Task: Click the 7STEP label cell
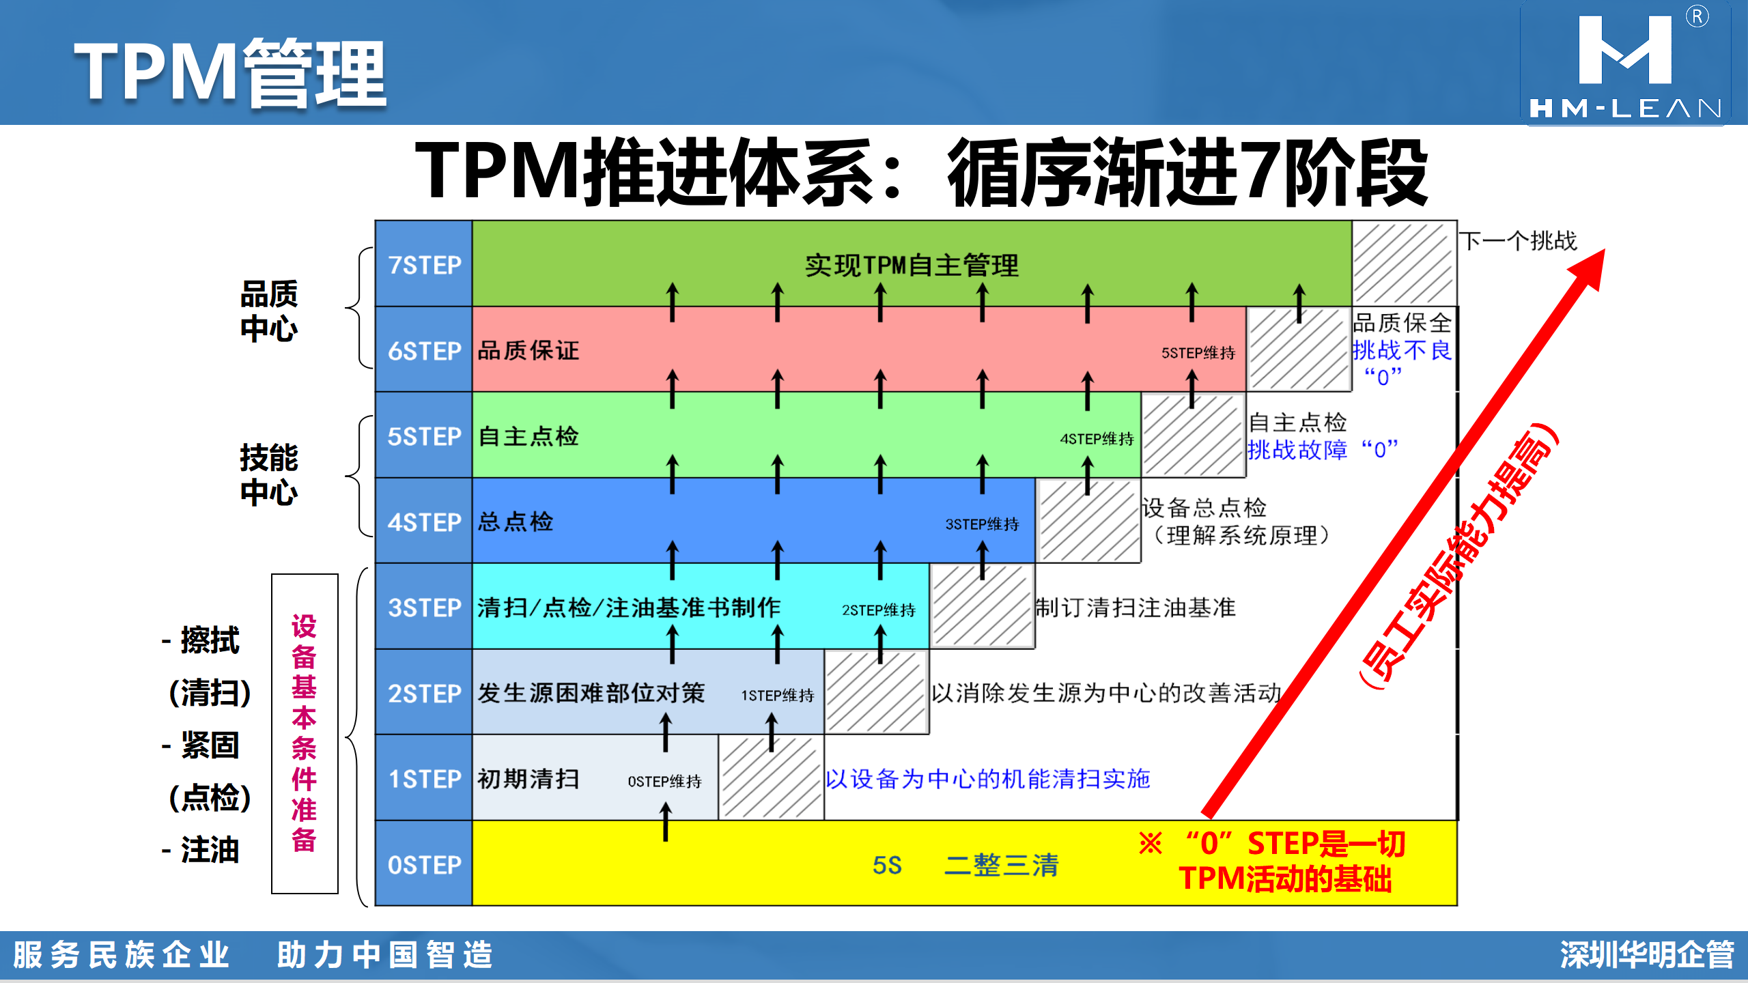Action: [424, 263]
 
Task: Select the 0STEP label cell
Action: [424, 864]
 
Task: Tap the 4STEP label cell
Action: [424, 521]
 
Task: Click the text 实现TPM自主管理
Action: [912, 265]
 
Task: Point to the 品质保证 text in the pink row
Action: [528, 350]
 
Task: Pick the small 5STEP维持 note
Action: [1198, 353]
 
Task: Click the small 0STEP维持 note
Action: [664, 781]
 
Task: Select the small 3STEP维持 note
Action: [982, 524]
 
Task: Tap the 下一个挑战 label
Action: [1518, 240]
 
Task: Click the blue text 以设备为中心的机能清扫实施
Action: [988, 778]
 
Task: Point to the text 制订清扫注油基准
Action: [1136, 607]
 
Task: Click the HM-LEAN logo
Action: [1625, 63]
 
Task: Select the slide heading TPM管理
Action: [230, 72]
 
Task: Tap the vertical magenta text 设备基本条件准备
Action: [305, 733]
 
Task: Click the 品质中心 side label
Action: [269, 311]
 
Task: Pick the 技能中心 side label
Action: [269, 474]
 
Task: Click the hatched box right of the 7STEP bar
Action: [1404, 263]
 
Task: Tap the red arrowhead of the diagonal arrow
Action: [1590, 269]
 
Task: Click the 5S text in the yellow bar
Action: [887, 865]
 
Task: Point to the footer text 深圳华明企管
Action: [1646, 954]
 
